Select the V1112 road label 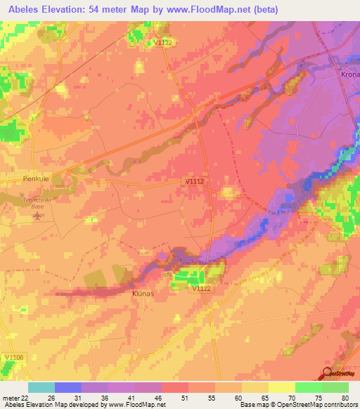(195, 181)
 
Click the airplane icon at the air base (37, 216)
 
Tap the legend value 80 (345, 397)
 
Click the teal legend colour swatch (41, 387)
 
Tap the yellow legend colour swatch (281, 387)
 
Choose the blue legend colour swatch (68, 387)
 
